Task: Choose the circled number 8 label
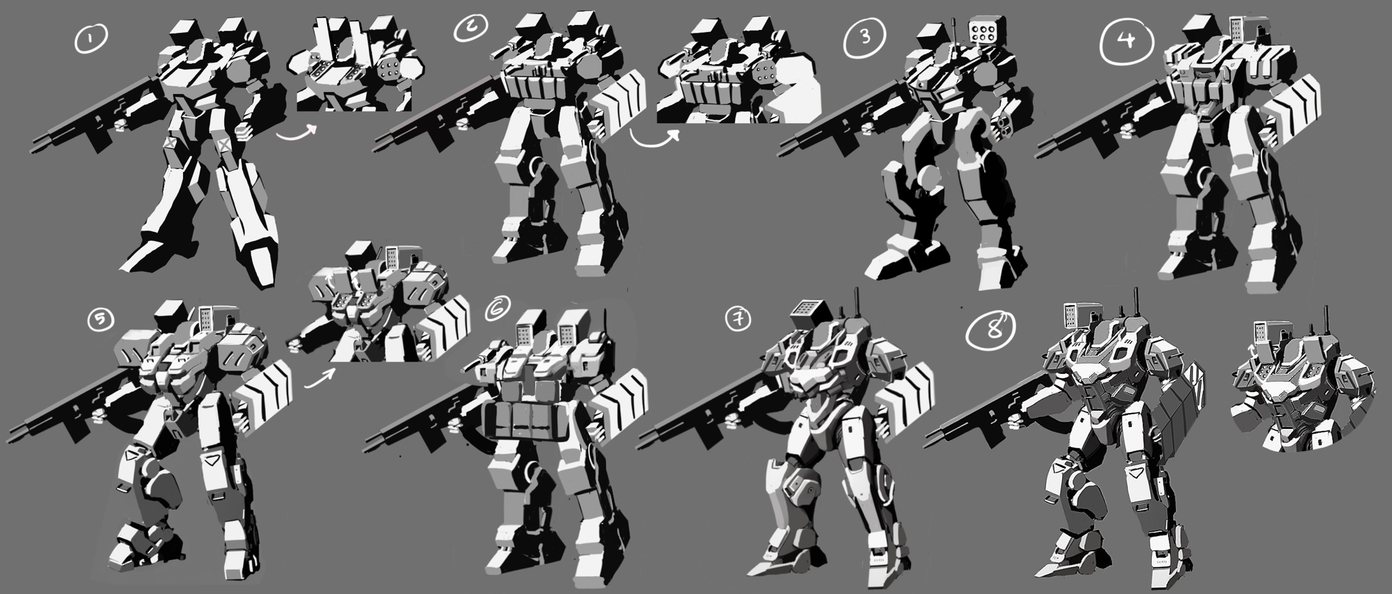click(x=990, y=331)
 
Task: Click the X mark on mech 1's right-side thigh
click(x=225, y=144)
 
